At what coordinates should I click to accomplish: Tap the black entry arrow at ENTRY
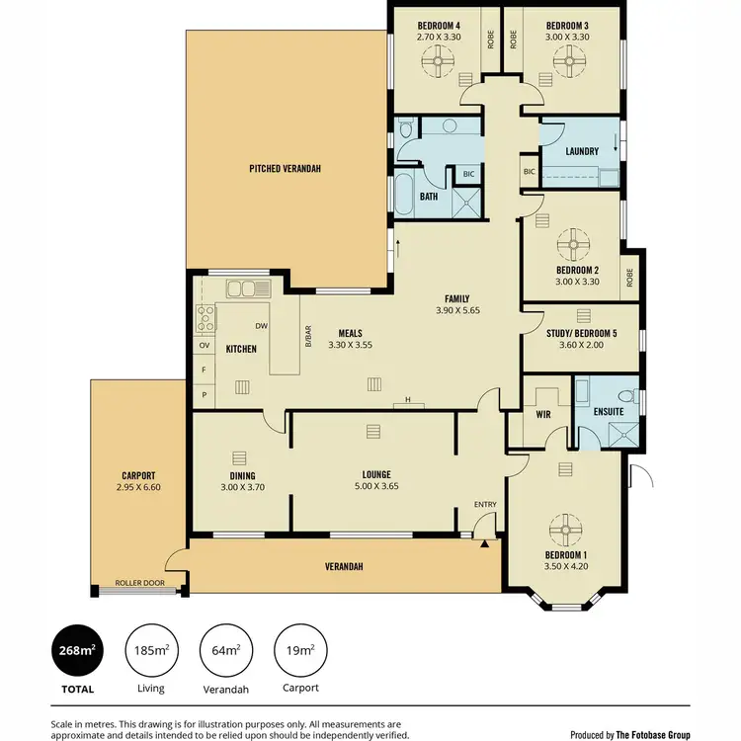[484, 542]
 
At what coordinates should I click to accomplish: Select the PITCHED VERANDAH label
[285, 169]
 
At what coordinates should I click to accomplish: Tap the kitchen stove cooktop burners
[206, 318]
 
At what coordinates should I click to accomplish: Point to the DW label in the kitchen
[261, 326]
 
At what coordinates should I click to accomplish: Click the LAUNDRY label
[583, 151]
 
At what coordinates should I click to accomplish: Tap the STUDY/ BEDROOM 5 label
[581, 334]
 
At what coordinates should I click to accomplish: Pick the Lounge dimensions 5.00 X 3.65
[372, 486]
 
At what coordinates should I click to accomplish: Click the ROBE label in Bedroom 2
[629, 278]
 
